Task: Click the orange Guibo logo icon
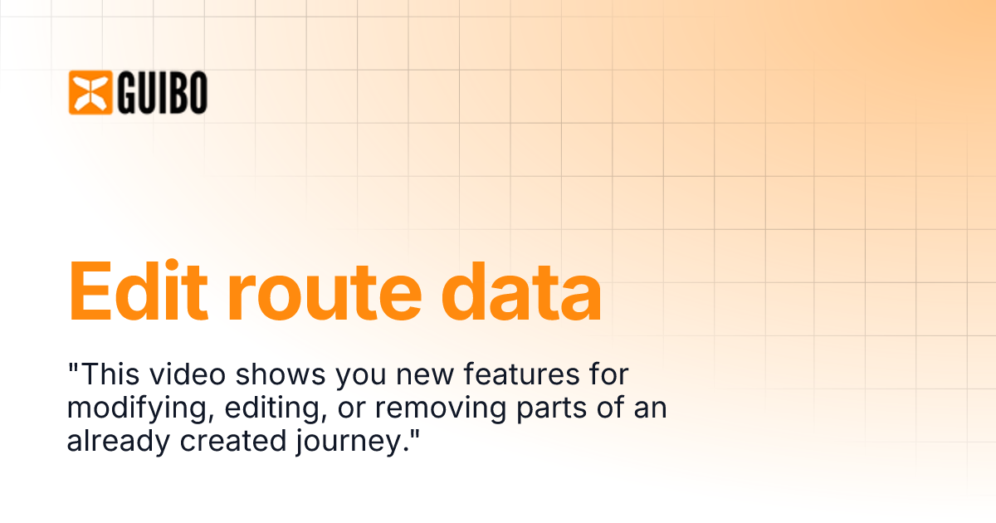pyautogui.click(x=90, y=92)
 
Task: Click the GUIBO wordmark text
pyautogui.click(x=163, y=92)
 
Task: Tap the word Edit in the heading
pyautogui.click(x=139, y=290)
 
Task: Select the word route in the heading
pyautogui.click(x=325, y=291)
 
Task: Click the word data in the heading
pyautogui.click(x=521, y=290)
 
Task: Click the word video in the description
pyautogui.click(x=188, y=374)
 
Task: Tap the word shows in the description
pyautogui.click(x=281, y=374)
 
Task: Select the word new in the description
pyautogui.click(x=425, y=376)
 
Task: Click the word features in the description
pyautogui.click(x=521, y=374)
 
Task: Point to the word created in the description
pyautogui.click(x=233, y=441)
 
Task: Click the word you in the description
pyautogui.click(x=361, y=377)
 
